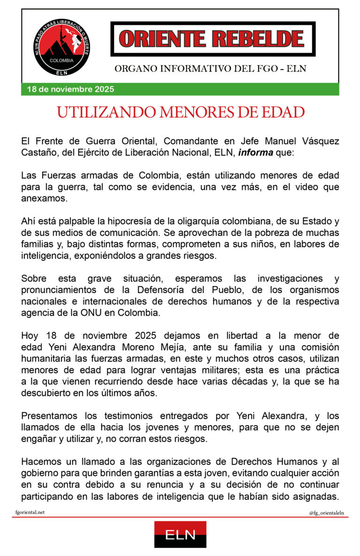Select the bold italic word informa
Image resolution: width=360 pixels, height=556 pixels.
pos(256,153)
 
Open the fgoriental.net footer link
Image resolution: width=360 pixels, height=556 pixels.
pos(30,513)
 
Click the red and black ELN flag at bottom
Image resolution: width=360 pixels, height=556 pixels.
pos(180,534)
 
